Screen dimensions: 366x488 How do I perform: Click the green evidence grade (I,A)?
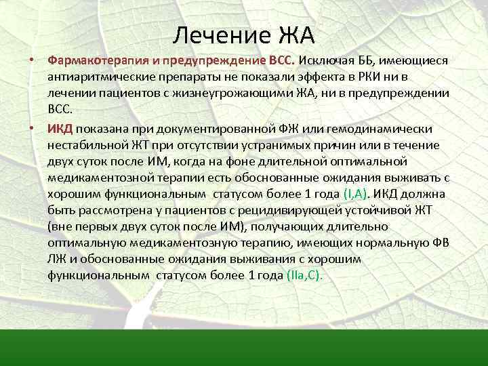356,193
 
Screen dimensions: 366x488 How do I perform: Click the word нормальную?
402,243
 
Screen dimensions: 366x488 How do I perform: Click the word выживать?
413,178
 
